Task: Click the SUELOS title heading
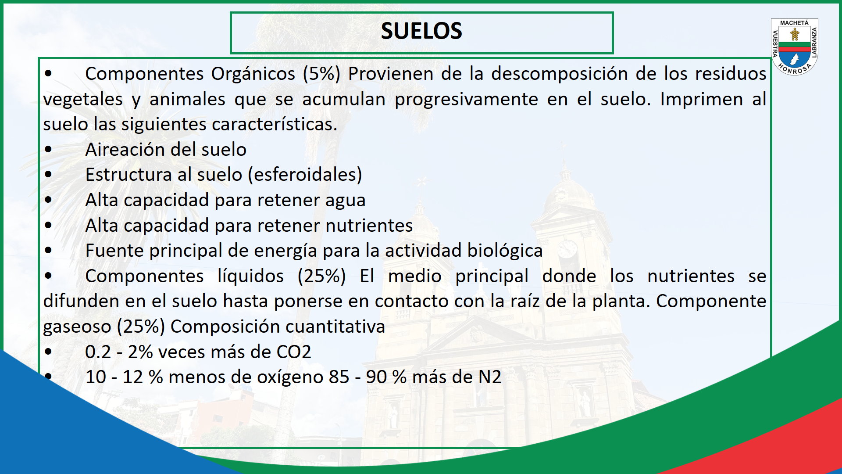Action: click(421, 31)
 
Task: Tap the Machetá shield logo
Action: click(795, 47)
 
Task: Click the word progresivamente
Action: click(466, 100)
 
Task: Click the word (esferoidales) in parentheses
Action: click(305, 175)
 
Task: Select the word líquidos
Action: click(250, 276)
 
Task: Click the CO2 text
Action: click(293, 352)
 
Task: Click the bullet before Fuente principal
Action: click(48, 251)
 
